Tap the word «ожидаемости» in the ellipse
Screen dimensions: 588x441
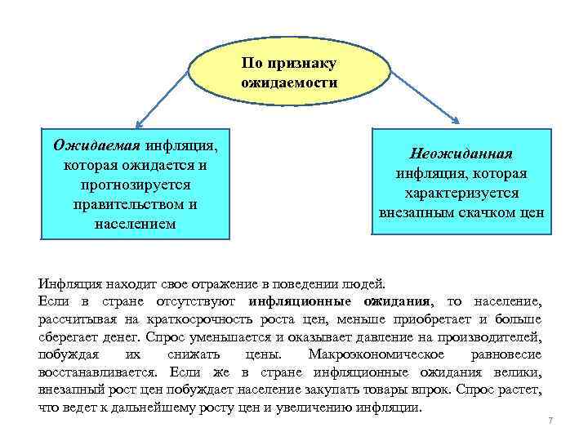pyautogui.click(x=289, y=82)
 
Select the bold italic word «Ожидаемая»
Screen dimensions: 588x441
pyautogui.click(x=97, y=145)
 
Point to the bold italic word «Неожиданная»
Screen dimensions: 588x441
pyautogui.click(x=461, y=154)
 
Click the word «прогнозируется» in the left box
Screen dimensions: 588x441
pyautogui.click(x=133, y=185)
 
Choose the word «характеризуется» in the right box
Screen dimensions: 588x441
pyautogui.click(x=461, y=193)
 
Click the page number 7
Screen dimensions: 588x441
pyautogui.click(x=550, y=420)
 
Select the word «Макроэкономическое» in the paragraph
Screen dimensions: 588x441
pyautogui.click(x=376, y=354)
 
